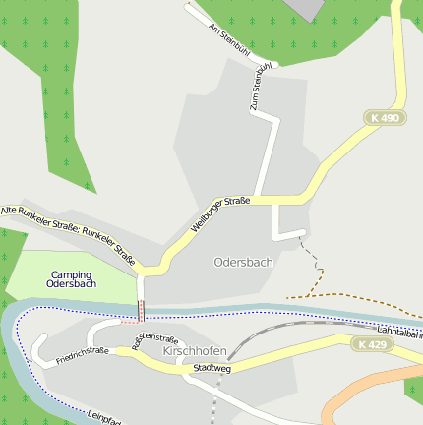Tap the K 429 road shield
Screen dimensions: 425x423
[x=373, y=344]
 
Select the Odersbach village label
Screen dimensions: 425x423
[x=243, y=263]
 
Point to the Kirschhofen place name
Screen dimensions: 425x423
[x=195, y=351]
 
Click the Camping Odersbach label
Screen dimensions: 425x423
[x=72, y=279]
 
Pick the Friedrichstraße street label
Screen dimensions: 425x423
[x=83, y=354]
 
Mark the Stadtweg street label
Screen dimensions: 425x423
[x=212, y=368]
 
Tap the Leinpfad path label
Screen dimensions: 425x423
[x=102, y=417]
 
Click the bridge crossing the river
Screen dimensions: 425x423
[x=142, y=310]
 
